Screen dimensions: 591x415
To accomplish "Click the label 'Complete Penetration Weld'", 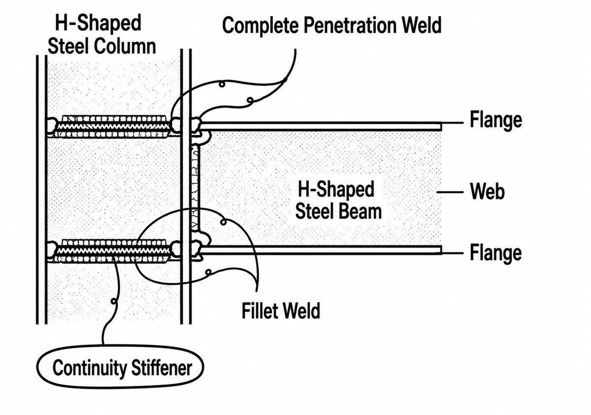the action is click(332, 25).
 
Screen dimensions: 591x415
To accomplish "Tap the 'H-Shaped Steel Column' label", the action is click(102, 35).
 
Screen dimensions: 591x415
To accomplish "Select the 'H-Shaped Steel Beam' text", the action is click(338, 200).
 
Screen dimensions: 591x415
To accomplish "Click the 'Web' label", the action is click(487, 191).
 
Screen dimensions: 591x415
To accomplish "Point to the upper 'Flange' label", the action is click(496, 120).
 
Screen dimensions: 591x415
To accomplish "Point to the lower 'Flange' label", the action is click(496, 253).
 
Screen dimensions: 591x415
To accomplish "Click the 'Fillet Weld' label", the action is click(281, 311).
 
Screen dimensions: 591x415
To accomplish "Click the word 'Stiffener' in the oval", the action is click(162, 368).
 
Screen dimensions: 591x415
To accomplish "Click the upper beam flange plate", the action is click(321, 126).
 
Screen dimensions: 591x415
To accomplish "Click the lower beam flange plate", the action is click(321, 250).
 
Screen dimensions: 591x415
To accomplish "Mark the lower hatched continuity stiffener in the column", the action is click(113, 251).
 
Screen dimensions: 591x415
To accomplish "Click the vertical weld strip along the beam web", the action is click(196, 187).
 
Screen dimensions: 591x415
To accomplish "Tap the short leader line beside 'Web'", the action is click(450, 192).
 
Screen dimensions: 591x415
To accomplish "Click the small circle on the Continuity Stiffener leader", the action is click(114, 301).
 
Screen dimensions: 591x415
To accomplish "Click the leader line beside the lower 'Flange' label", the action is click(453, 253).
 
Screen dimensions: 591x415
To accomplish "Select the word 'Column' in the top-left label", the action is click(125, 46).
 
